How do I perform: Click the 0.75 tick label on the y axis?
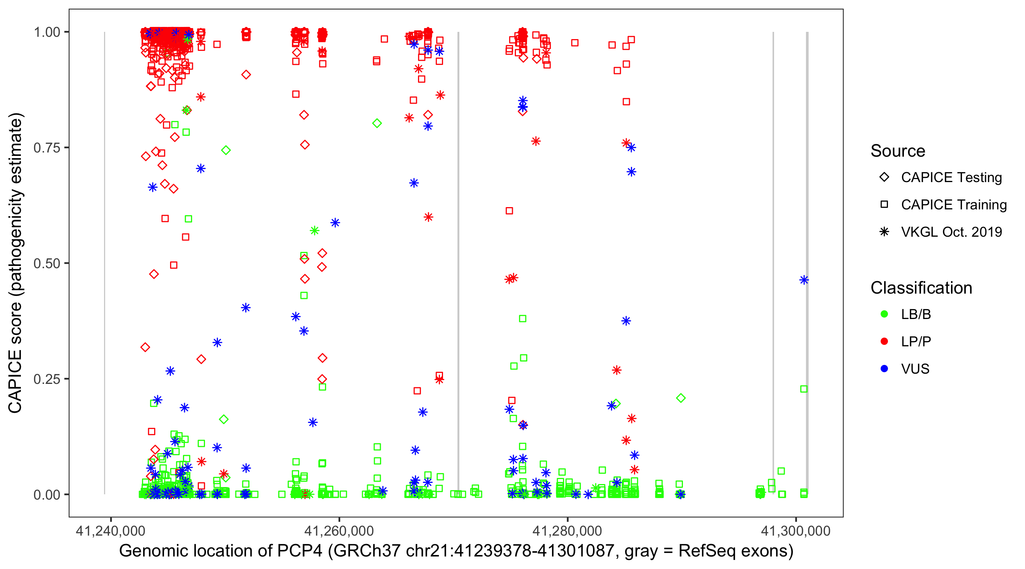click(47, 148)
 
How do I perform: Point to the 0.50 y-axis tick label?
click(47, 264)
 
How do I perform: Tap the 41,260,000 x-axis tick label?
click(339, 531)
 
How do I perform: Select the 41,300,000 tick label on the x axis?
click(795, 531)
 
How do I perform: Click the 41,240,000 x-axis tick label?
click(110, 531)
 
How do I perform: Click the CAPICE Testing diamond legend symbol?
click(884, 178)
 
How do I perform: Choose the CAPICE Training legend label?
click(954, 205)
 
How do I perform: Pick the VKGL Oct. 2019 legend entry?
click(951, 232)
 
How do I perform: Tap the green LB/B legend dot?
click(884, 314)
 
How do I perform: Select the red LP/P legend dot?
click(884, 341)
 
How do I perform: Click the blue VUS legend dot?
click(884, 369)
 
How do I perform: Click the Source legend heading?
click(898, 151)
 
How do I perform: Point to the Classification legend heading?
click(921, 288)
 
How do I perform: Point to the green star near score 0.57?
click(314, 231)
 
